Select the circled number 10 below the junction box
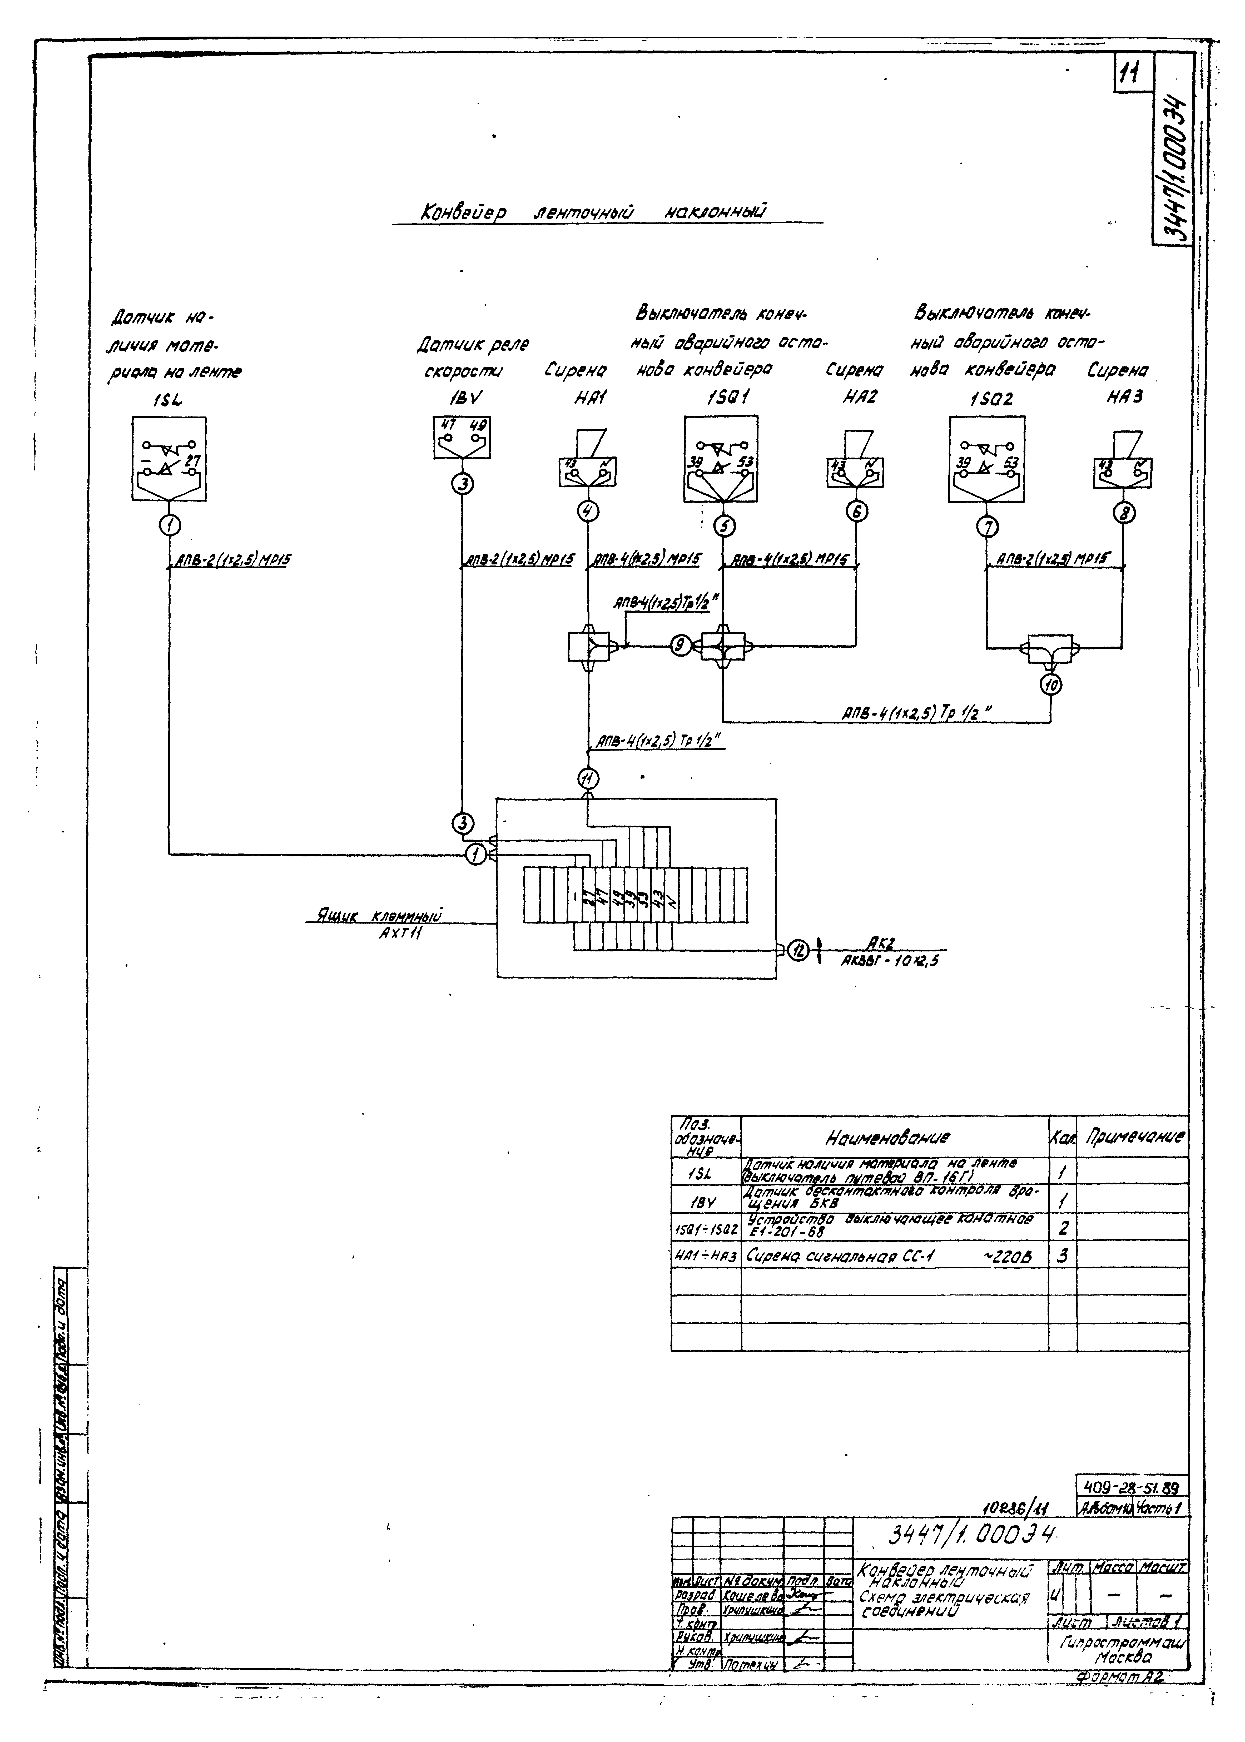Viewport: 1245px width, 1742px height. [1050, 685]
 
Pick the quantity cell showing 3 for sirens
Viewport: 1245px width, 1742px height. [1062, 1255]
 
